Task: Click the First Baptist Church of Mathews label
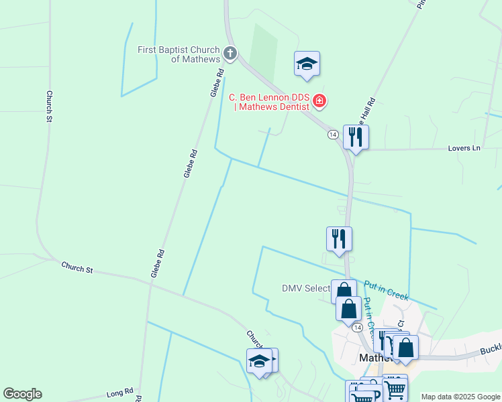tap(179, 54)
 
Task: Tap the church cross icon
tap(230, 53)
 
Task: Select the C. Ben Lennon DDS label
tap(271, 101)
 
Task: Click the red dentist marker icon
tap(320, 102)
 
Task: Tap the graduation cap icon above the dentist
tap(307, 64)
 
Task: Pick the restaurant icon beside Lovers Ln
tap(355, 137)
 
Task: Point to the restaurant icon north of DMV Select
tap(339, 239)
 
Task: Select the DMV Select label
tap(306, 289)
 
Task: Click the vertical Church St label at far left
tap(49, 107)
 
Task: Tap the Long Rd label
tap(120, 393)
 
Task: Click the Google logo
tap(22, 394)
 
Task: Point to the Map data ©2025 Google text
tap(460, 397)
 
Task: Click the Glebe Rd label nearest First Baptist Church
tap(217, 82)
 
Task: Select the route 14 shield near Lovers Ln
tap(333, 135)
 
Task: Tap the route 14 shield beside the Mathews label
tap(358, 328)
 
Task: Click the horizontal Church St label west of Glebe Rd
tap(77, 267)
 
